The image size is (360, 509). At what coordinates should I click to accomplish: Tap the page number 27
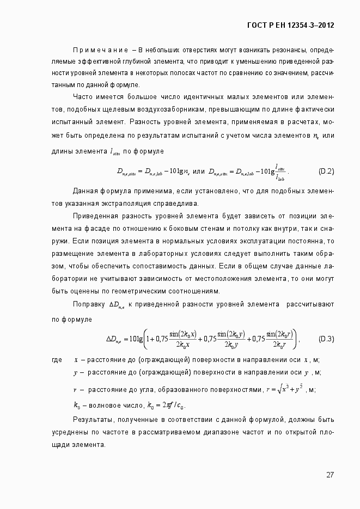(330, 474)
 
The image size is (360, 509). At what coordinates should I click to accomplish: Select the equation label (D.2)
(326, 171)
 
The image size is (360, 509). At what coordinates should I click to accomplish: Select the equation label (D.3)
(326, 339)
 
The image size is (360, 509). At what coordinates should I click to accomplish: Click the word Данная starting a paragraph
(86, 191)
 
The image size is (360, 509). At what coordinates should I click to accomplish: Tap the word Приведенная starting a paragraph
(97, 216)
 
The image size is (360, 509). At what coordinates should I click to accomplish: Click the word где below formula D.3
(56, 360)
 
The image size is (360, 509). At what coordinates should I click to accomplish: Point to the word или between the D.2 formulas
(199, 171)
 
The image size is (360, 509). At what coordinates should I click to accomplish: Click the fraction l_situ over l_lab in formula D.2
(280, 171)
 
